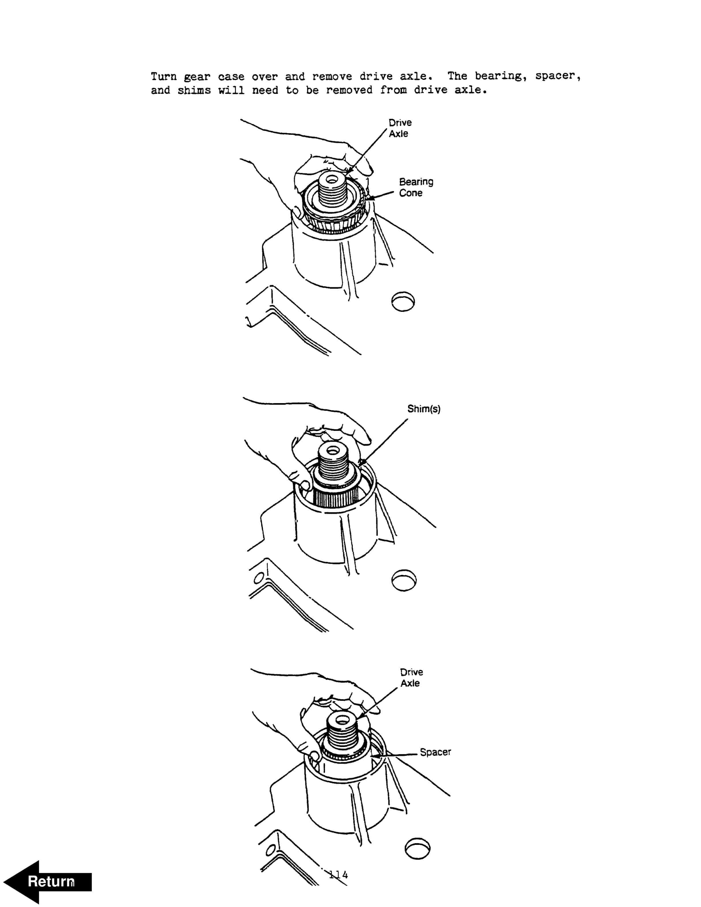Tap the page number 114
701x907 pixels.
point(338,875)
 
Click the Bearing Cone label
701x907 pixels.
point(416,187)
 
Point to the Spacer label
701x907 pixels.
point(435,752)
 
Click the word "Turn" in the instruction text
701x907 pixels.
point(164,77)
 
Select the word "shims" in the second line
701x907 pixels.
point(194,90)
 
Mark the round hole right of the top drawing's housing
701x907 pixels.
point(403,301)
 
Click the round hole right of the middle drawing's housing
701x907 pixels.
point(404,580)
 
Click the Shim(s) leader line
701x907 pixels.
point(383,442)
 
